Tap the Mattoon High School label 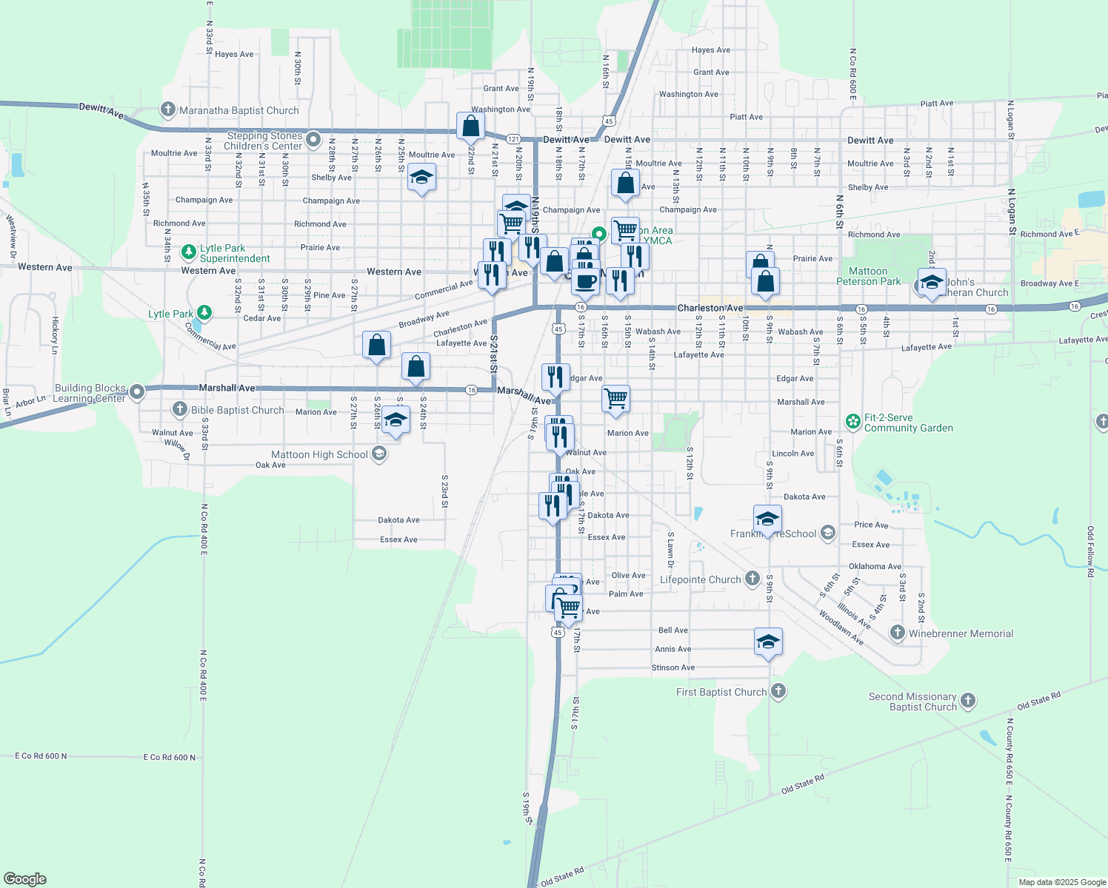click(x=319, y=454)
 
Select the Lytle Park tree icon click(x=204, y=313)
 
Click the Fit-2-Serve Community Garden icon click(x=853, y=423)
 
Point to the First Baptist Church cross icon click(x=778, y=691)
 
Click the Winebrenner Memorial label click(x=961, y=633)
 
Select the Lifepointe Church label click(x=700, y=579)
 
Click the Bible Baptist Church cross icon click(x=180, y=409)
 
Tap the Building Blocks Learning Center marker click(x=137, y=391)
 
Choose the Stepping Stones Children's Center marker click(x=313, y=139)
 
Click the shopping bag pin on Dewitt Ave click(x=470, y=127)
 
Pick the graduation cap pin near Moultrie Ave click(x=421, y=178)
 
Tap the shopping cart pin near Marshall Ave click(x=616, y=399)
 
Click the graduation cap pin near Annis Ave click(x=768, y=642)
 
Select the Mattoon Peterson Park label click(x=868, y=276)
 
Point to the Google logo click(x=25, y=879)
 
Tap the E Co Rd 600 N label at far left click(x=41, y=756)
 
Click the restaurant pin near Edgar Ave click(x=555, y=377)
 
